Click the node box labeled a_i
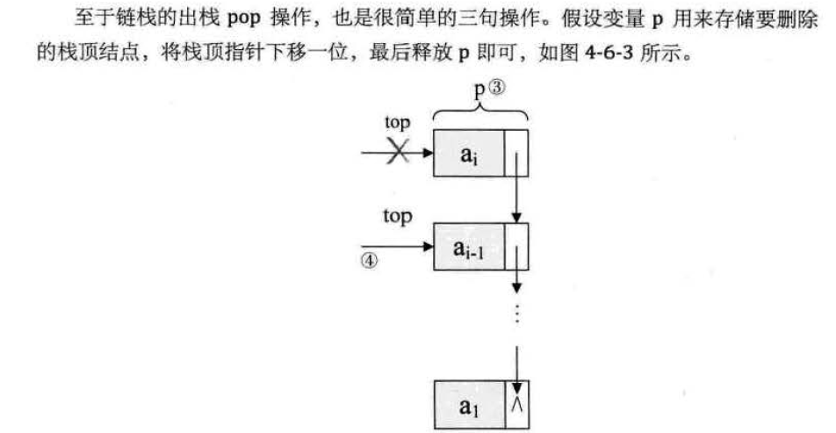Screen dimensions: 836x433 point(470,153)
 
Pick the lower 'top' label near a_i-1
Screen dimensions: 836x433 point(397,216)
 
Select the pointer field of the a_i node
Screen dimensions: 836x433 point(517,153)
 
